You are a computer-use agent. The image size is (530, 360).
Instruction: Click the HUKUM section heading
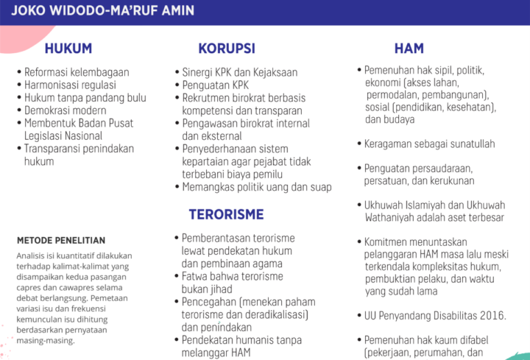pos(68,49)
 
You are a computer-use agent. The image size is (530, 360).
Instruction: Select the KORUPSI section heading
pos(227,49)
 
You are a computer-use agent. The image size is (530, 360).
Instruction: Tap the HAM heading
pos(409,49)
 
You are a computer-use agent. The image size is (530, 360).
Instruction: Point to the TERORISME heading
pos(226,214)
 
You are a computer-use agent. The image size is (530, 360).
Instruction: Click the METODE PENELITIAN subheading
pos(61,240)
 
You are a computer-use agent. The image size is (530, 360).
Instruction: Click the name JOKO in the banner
pos(29,10)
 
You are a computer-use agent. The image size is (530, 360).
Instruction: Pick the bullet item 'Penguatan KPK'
pos(215,85)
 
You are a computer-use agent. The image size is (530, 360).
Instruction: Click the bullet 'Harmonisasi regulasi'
pos(70,85)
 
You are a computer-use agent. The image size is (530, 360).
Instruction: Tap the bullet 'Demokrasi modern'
pos(66,110)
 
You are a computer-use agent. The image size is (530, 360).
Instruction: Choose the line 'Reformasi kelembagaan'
pos(77,72)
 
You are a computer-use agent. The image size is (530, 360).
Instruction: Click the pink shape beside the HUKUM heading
pos(21,38)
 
